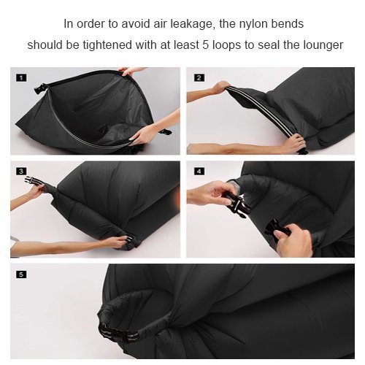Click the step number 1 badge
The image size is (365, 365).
(x=21, y=78)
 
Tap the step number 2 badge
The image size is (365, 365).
(x=199, y=77)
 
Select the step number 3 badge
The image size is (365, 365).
(x=21, y=172)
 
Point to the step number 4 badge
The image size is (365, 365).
(x=199, y=172)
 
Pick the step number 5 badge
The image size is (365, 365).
(x=21, y=274)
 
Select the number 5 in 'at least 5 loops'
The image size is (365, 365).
(x=206, y=45)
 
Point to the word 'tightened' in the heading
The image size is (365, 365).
(x=107, y=45)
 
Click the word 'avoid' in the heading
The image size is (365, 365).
(x=136, y=24)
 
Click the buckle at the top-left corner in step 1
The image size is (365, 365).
(x=40, y=88)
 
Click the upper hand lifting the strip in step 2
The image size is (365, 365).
(x=220, y=87)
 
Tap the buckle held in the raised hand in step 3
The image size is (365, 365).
(x=35, y=181)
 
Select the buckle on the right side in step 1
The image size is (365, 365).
(x=166, y=131)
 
